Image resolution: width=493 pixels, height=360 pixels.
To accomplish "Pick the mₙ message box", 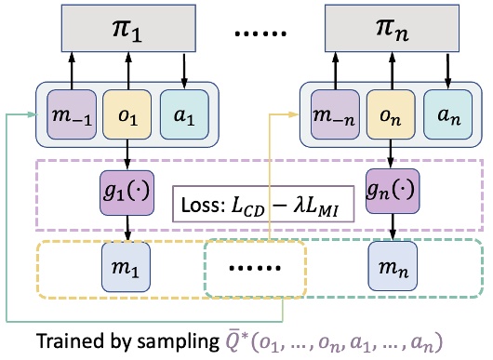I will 391,268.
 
